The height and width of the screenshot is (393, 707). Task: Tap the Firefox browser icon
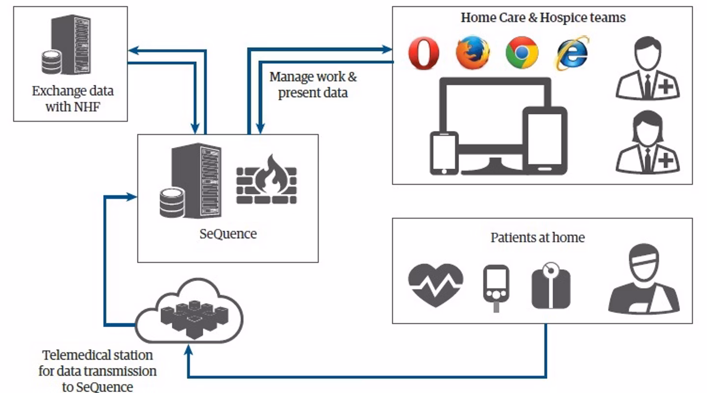click(473, 53)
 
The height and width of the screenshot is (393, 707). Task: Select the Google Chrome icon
click(522, 53)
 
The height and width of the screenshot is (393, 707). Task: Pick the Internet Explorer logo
click(572, 53)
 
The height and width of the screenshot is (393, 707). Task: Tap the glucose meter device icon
click(496, 287)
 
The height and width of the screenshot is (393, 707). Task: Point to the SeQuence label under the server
click(228, 234)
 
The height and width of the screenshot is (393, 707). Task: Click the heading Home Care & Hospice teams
click(543, 18)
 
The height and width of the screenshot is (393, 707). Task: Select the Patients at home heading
click(538, 238)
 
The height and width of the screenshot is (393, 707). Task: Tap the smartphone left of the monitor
click(444, 153)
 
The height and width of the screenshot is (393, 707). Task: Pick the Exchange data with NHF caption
click(72, 99)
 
